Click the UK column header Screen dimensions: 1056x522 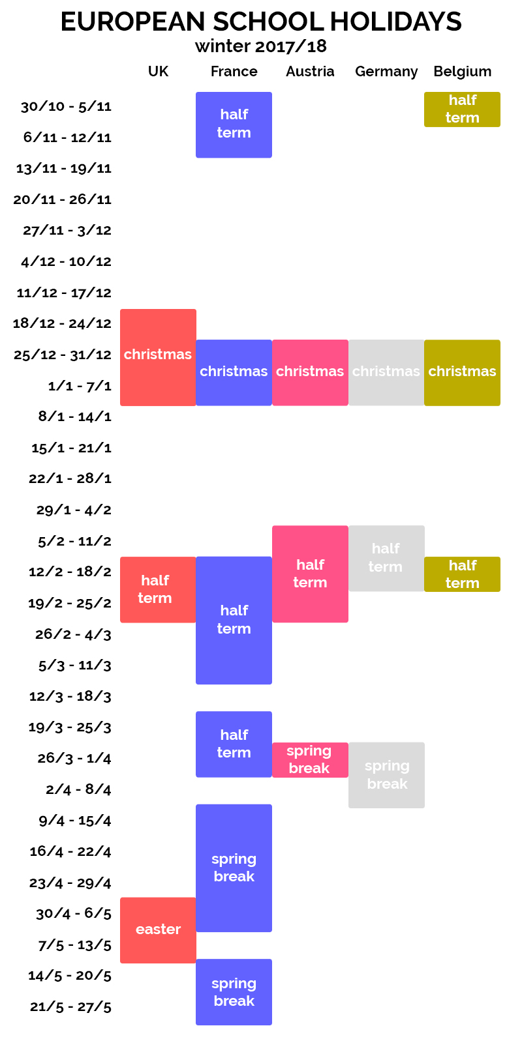[x=158, y=72]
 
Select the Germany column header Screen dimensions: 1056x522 [x=386, y=72]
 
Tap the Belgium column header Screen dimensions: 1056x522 [x=462, y=72]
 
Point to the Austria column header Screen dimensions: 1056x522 [x=310, y=72]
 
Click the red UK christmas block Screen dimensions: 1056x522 [x=158, y=357]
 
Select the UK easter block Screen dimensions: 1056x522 [x=158, y=930]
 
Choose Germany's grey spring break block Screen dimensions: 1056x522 [x=386, y=775]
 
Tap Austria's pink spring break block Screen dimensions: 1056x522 [x=310, y=760]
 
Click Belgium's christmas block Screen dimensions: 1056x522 [x=462, y=372]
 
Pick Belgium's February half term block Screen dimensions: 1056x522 [x=462, y=574]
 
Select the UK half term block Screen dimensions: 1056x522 [x=158, y=589]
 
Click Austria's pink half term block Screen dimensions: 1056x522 [x=310, y=574]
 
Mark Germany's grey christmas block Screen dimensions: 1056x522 [x=386, y=372]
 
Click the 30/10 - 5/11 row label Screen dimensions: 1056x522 [x=66, y=106]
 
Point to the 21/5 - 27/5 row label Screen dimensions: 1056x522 [x=70, y=1006]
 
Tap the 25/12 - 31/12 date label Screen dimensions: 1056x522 [x=63, y=355]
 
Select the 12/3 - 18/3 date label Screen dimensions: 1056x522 [x=70, y=696]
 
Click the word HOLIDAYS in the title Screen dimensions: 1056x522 [x=395, y=22]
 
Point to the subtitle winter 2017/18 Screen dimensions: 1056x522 [x=261, y=46]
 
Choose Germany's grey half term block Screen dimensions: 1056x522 [x=386, y=558]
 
